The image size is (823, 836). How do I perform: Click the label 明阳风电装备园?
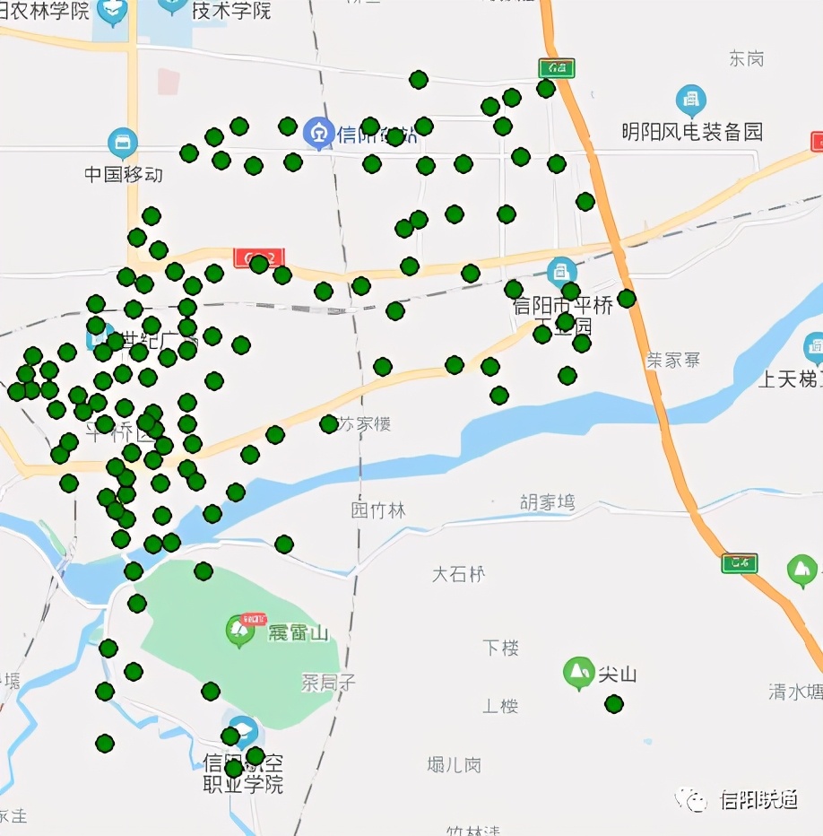pos(692,133)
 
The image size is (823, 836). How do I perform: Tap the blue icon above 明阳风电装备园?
pos(690,100)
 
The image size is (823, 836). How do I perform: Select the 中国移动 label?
pos(124,174)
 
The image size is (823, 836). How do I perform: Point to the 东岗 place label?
pos(746,59)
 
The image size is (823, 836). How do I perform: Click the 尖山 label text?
pos(617,675)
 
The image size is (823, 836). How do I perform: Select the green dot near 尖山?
pos(614,704)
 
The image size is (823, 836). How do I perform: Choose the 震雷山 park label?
pos(298,633)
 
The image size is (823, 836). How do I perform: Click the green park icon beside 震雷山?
pos(239,630)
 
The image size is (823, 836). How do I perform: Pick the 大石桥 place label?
pos(458,574)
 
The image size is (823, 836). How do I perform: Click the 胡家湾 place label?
pos(547,502)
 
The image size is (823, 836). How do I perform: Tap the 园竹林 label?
pos(377,510)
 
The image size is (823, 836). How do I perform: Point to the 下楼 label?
pos(500,648)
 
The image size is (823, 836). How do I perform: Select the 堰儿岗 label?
pos(454,765)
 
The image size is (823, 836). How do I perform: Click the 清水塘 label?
pos(794,692)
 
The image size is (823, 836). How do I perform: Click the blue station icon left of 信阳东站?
pos(318,135)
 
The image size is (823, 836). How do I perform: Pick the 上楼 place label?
pos(500,706)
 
